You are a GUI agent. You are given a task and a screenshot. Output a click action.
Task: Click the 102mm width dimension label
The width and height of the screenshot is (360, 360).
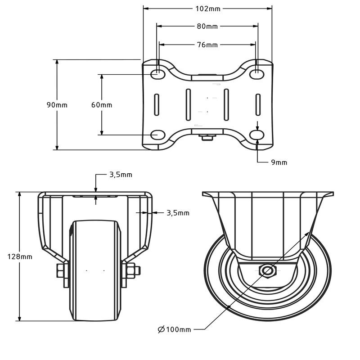point(208,9)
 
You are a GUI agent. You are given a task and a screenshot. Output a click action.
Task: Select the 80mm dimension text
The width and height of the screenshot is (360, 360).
point(207,27)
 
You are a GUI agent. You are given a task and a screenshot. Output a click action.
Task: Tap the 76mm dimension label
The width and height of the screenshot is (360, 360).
point(207,45)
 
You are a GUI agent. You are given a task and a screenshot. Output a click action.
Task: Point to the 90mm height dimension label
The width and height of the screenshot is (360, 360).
point(57,105)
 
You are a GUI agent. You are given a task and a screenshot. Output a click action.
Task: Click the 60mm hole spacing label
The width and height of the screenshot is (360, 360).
point(102,105)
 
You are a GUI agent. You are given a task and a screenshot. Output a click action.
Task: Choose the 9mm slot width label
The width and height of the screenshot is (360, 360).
point(279,162)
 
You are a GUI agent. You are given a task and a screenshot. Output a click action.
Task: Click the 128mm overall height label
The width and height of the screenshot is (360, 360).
point(20,256)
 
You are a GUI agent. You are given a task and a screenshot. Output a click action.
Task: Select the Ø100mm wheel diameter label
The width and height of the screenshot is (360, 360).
point(175,329)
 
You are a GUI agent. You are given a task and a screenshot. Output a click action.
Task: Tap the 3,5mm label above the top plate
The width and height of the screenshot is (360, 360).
point(121,175)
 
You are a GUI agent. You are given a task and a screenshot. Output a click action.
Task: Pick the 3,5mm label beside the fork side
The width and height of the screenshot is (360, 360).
point(178,213)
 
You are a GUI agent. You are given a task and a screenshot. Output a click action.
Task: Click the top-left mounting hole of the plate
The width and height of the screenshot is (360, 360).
point(158,74)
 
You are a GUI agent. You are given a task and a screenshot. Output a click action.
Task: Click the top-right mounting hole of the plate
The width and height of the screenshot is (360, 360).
point(257,74)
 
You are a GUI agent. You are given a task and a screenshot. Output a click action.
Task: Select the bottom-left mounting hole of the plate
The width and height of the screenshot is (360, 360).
point(158,135)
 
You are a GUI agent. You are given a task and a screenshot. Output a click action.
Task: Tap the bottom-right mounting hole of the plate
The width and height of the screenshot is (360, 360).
point(257,135)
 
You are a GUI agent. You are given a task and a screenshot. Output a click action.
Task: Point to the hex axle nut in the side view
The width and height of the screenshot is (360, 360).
point(267,271)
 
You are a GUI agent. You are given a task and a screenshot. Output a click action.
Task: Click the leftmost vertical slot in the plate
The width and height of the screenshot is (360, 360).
point(157,104)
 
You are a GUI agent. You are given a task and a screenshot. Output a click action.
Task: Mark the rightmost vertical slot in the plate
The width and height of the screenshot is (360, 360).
point(258,104)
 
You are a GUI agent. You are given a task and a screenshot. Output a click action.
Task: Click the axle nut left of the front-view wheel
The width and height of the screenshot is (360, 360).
point(60,271)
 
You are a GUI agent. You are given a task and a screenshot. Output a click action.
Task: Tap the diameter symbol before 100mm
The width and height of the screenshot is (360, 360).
point(162,329)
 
